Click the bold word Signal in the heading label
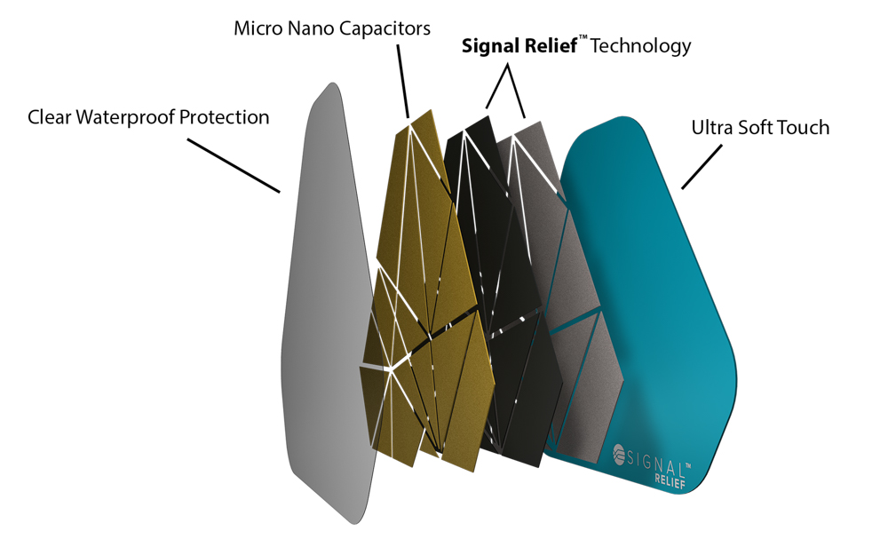click(490, 46)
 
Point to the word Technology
click(640, 46)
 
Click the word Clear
click(49, 117)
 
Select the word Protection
click(225, 117)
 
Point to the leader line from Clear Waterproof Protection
click(234, 166)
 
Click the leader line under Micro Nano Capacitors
click(402, 82)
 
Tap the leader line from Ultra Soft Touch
click(702, 166)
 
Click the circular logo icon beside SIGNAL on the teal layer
click(619, 454)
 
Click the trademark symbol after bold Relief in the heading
click(583, 37)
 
